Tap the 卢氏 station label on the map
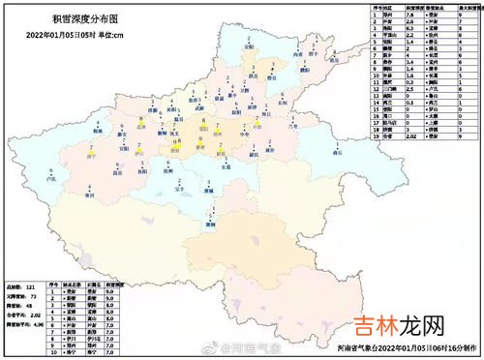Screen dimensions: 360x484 (51, 178)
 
